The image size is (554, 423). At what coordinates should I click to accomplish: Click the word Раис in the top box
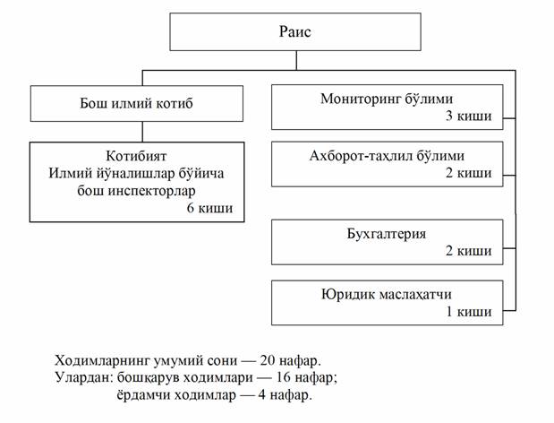(x=295, y=32)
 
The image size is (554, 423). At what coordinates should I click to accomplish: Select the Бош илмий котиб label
(x=136, y=103)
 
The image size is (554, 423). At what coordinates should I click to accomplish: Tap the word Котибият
(x=136, y=156)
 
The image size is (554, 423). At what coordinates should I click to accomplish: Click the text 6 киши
(x=209, y=208)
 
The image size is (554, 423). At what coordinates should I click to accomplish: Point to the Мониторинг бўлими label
(x=387, y=99)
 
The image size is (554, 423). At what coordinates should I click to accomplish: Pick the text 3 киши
(x=468, y=116)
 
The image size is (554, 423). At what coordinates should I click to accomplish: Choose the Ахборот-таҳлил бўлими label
(x=387, y=156)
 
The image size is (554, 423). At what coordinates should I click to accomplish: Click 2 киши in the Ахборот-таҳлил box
(x=468, y=173)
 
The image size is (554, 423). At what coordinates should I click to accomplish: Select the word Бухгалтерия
(x=387, y=234)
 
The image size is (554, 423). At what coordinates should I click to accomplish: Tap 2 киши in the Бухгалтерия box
(x=468, y=251)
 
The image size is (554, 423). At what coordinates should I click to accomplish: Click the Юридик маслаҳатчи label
(x=387, y=294)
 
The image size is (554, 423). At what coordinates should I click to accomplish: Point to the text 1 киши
(x=469, y=312)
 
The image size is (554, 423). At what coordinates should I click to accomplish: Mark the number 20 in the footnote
(x=268, y=360)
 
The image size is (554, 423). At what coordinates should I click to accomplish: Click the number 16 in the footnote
(x=284, y=377)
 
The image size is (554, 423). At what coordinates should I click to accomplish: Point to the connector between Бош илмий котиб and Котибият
(x=142, y=132)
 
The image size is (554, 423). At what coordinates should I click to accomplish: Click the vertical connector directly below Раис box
(x=296, y=60)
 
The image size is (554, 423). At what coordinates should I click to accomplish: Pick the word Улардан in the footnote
(x=83, y=377)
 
